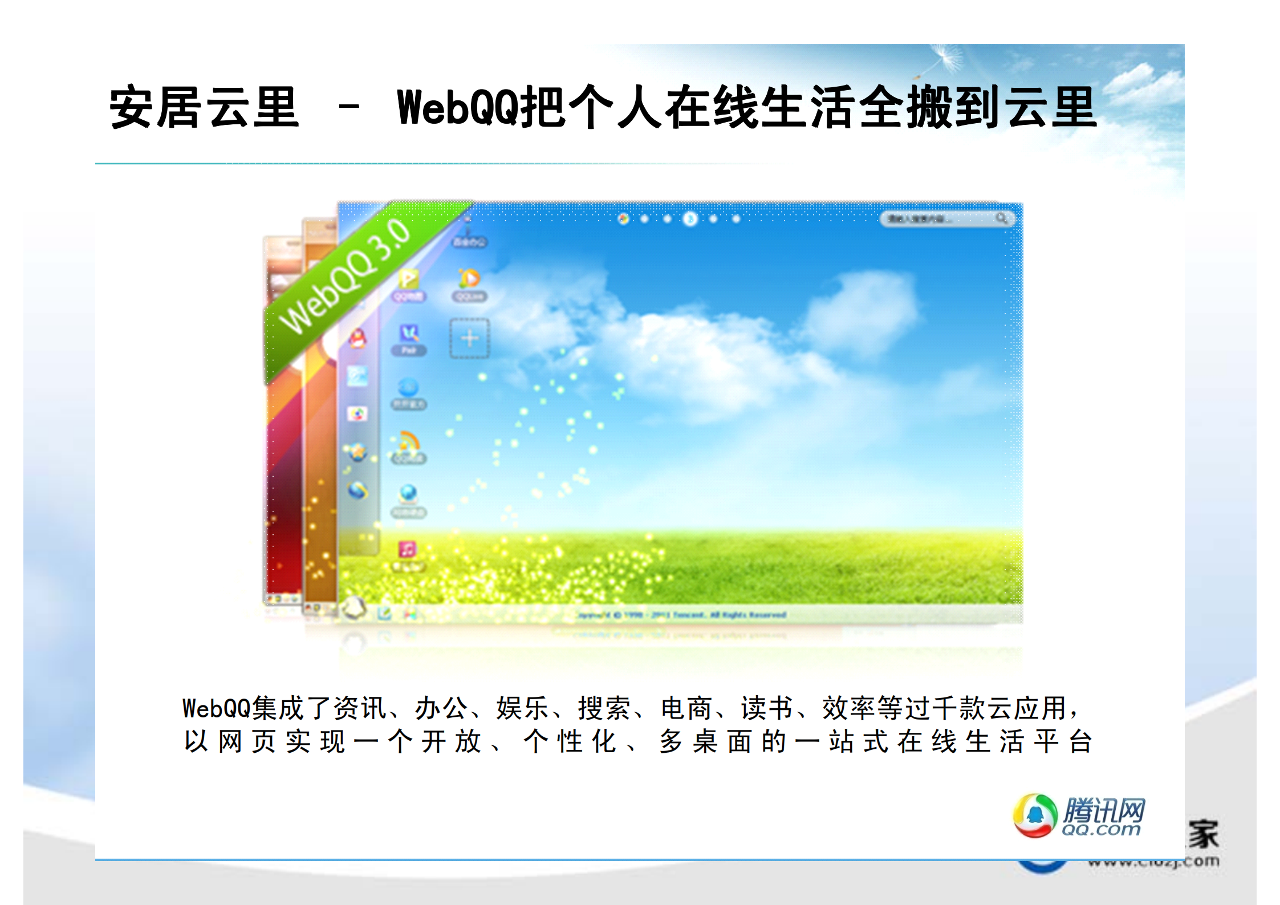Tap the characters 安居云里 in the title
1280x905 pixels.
pyautogui.click(x=204, y=107)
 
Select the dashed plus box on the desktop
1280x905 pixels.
pyautogui.click(x=469, y=338)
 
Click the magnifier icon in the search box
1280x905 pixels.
pyautogui.click(x=1001, y=218)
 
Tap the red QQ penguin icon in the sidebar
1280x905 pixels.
pyautogui.click(x=357, y=339)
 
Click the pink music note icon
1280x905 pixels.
pyautogui.click(x=408, y=549)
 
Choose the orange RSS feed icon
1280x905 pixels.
pyautogui.click(x=408, y=441)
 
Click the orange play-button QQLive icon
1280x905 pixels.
pyautogui.click(x=469, y=278)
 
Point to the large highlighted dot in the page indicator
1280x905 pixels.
pyautogui.click(x=690, y=218)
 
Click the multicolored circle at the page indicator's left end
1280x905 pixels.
pyautogui.click(x=623, y=218)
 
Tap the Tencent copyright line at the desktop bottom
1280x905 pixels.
pyautogui.click(x=681, y=615)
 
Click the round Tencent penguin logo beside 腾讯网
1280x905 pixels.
pyautogui.click(x=1034, y=815)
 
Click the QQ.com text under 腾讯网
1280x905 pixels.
pyautogui.click(x=1100, y=830)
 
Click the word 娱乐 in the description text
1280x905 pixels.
pyautogui.click(x=522, y=708)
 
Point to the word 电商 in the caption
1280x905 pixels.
pyautogui.click(x=686, y=708)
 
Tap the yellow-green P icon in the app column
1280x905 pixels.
pyautogui.click(x=408, y=279)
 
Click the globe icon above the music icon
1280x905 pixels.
pyautogui.click(x=408, y=493)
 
